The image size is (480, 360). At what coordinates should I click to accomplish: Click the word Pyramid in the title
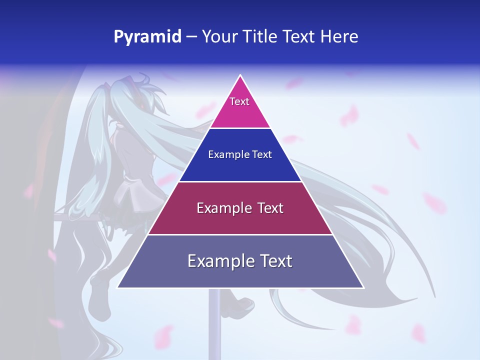(x=147, y=37)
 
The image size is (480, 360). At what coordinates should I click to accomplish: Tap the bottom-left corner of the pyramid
(x=118, y=287)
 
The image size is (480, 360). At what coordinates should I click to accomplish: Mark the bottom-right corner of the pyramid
(x=362, y=287)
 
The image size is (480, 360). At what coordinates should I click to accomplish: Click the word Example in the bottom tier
(x=218, y=261)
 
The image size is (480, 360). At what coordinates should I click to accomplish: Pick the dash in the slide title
(x=191, y=37)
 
